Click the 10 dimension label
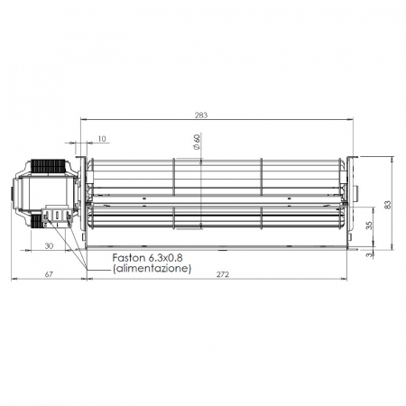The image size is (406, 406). [x=101, y=139]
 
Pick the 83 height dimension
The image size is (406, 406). [x=388, y=204]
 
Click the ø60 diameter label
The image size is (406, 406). [x=196, y=142]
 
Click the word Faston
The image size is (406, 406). [x=130, y=258]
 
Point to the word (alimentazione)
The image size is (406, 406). [x=152, y=269]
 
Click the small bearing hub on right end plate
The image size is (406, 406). [x=355, y=192]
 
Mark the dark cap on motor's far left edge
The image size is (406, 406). [x=13, y=193]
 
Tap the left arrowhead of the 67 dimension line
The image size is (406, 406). [x=14, y=278]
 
